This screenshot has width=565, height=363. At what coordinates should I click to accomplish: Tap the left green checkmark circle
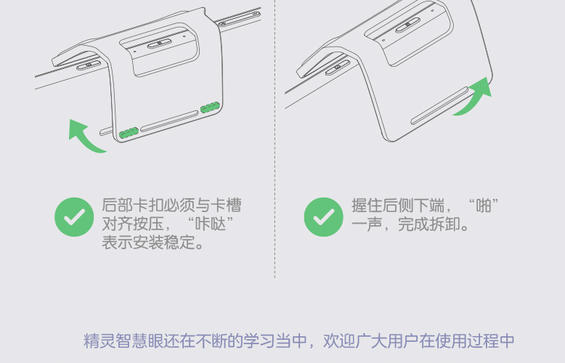tap(74, 217)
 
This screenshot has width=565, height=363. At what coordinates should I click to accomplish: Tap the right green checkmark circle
tap(324, 217)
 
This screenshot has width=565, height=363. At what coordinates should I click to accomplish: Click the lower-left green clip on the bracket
tap(129, 133)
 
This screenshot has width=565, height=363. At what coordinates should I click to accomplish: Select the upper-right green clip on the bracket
tap(210, 107)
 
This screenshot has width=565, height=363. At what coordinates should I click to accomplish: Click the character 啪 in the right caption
tap(484, 205)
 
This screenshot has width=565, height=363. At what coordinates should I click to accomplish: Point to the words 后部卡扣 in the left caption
tap(133, 205)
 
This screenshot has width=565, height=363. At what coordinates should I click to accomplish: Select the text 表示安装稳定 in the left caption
tap(149, 242)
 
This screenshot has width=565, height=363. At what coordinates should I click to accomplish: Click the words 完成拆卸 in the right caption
tap(428, 224)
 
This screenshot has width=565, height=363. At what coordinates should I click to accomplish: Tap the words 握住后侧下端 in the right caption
tap(398, 205)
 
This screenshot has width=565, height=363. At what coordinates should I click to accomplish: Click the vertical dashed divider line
tap(275, 139)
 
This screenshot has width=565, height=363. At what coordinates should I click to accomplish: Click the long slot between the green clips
tap(169, 121)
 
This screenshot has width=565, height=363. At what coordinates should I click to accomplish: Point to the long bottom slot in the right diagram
tap(439, 105)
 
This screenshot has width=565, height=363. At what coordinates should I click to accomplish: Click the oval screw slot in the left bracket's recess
tap(160, 44)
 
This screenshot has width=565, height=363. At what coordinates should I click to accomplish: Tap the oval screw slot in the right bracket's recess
tap(407, 25)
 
